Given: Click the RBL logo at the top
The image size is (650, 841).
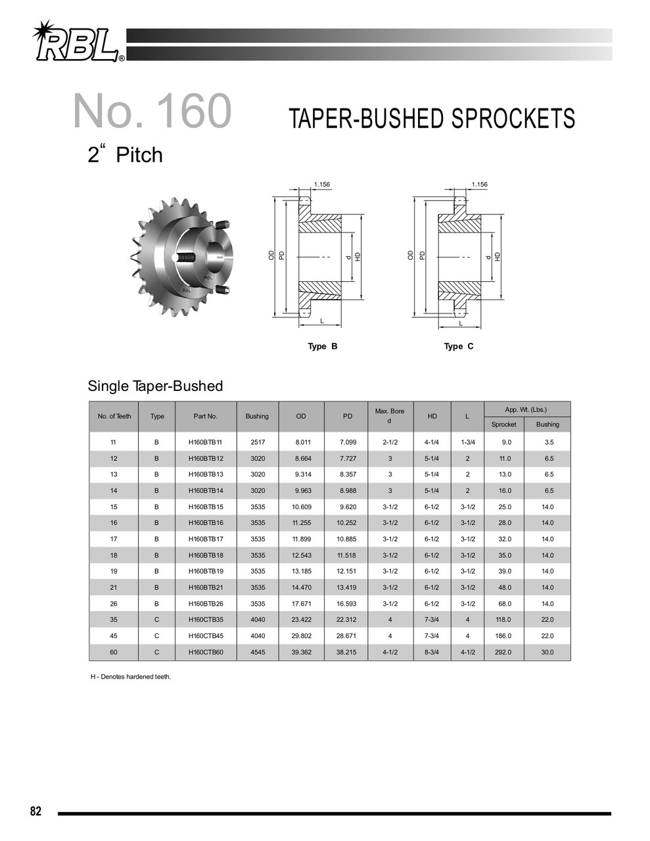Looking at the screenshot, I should [78, 43].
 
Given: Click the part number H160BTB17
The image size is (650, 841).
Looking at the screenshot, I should [206, 539].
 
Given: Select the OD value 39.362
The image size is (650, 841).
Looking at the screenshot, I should [301, 652].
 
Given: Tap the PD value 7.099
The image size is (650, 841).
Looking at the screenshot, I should [346, 442].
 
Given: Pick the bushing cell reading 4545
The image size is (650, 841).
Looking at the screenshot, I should [258, 652].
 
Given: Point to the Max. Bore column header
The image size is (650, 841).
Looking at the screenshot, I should [389, 416].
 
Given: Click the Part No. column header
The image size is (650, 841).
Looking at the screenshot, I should [205, 417].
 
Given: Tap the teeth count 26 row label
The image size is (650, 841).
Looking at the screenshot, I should [114, 604].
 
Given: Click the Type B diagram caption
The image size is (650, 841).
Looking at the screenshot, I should [323, 346].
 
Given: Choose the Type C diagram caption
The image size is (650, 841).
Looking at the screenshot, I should [458, 346].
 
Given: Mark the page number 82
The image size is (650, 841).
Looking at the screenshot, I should [35, 811].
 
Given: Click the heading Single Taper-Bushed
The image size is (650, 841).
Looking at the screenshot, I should [155, 386].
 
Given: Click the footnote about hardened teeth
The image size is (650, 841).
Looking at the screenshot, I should [131, 677].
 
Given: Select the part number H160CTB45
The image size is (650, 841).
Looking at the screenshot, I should [206, 636].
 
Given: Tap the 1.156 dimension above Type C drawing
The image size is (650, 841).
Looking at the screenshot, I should [478, 185].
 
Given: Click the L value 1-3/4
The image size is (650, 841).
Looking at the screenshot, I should [467, 442].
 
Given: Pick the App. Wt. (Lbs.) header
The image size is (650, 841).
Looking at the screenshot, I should [526, 409].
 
